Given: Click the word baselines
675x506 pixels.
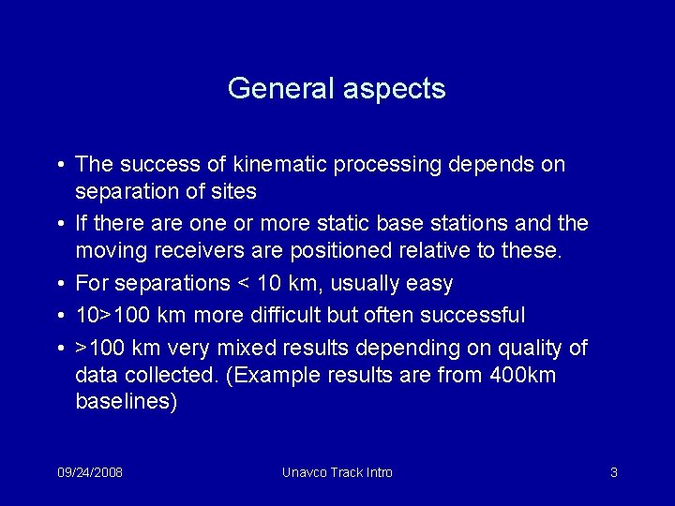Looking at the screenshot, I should pyautogui.click(x=125, y=402).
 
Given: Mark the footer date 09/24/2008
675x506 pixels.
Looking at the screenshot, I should pyautogui.click(x=89, y=472).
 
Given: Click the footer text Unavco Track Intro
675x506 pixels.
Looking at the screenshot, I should pyautogui.click(x=337, y=472).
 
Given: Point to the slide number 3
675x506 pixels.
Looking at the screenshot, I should pyautogui.click(x=613, y=472).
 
